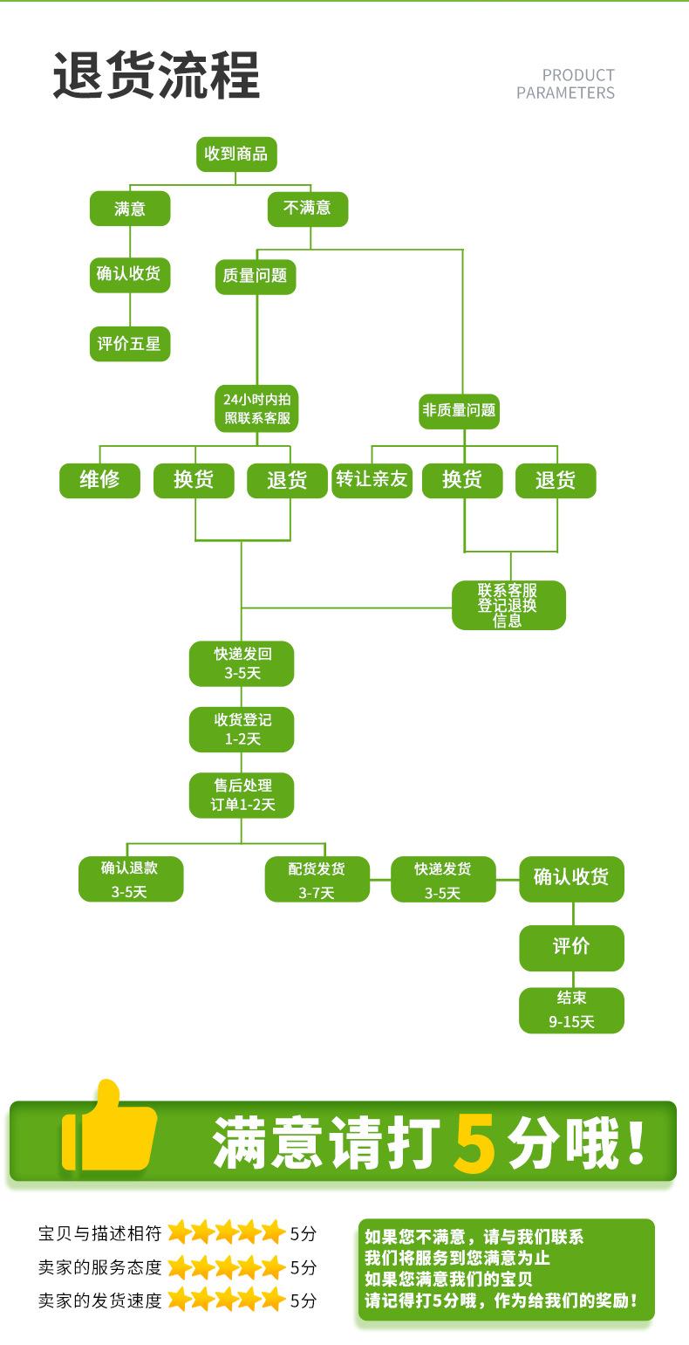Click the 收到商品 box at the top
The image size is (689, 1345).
[236, 154]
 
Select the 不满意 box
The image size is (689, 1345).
[307, 209]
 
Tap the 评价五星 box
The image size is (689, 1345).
[130, 344]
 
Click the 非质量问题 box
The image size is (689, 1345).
[459, 411]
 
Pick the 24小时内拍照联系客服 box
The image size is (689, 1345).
[256, 408]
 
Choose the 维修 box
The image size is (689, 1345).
[99, 480]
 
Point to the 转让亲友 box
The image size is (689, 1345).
[372, 480]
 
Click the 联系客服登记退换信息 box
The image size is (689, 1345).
[508, 605]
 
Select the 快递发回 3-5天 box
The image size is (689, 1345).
[242, 664]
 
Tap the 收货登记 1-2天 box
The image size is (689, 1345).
[242, 730]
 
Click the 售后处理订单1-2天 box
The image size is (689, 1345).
[242, 796]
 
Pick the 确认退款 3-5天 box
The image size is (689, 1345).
[130, 879]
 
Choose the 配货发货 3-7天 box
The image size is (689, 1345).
[317, 879]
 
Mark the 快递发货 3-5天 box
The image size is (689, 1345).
[443, 879]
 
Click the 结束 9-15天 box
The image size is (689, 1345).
[571, 1011]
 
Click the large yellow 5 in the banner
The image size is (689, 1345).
[474, 1143]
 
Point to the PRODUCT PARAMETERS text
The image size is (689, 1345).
[565, 84]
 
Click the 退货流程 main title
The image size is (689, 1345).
[156, 75]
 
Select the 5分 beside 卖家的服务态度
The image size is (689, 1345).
[304, 1267]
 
